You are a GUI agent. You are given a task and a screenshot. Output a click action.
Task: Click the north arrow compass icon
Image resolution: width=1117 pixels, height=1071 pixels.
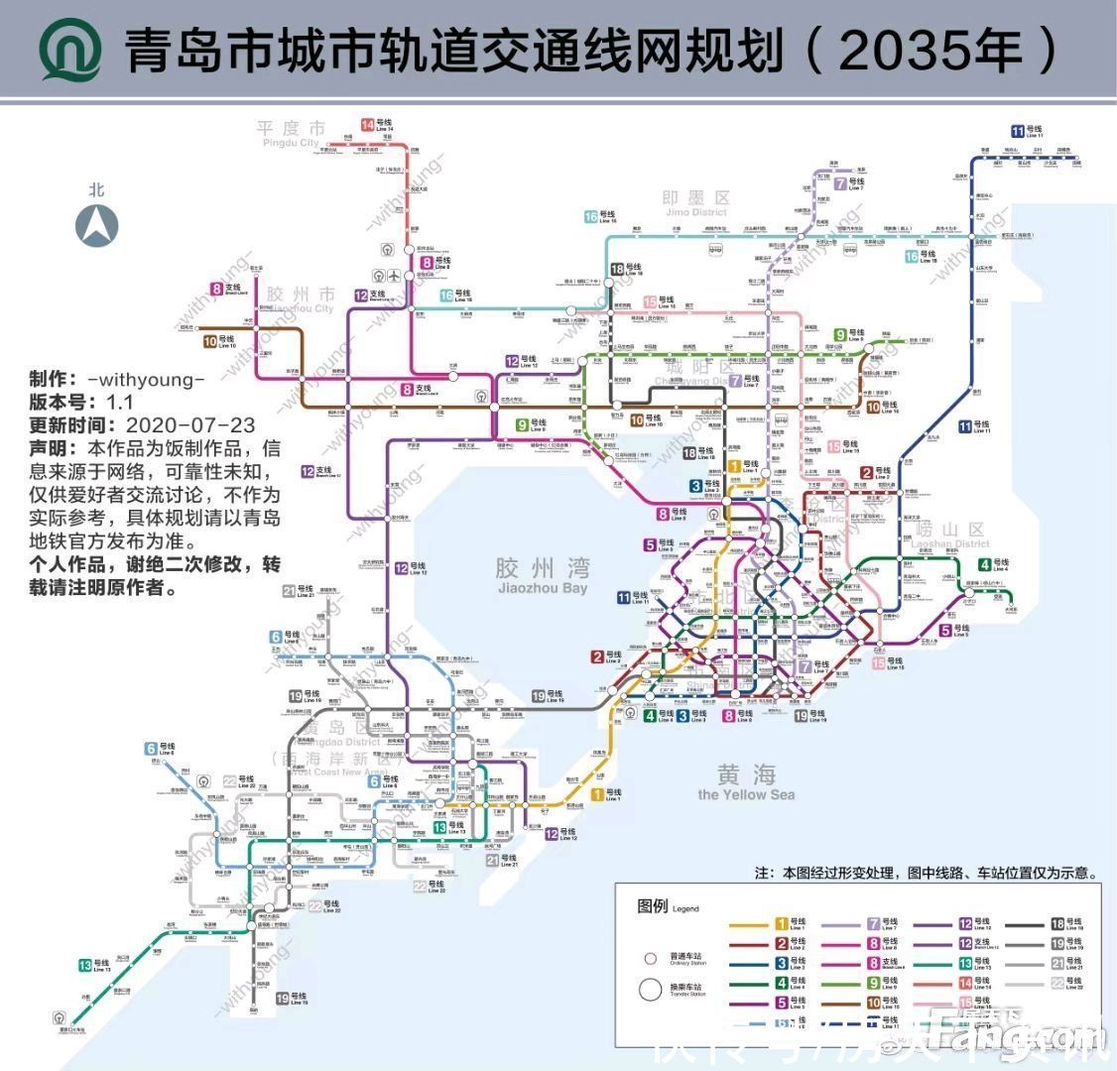(x=96, y=225)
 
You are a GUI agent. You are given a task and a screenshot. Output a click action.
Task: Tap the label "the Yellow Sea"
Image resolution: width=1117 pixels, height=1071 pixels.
(x=746, y=793)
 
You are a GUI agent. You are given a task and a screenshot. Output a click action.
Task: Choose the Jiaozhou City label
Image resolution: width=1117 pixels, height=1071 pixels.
(x=300, y=300)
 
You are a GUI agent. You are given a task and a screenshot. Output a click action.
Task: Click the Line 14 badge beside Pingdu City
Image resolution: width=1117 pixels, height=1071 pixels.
(x=367, y=125)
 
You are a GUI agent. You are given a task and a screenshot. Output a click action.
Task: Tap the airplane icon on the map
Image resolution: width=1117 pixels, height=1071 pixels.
(x=395, y=275)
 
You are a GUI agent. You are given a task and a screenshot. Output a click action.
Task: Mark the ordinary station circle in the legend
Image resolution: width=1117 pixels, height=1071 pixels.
(x=651, y=958)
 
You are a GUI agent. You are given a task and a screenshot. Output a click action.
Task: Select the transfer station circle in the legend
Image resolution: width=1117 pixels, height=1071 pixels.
(x=651, y=990)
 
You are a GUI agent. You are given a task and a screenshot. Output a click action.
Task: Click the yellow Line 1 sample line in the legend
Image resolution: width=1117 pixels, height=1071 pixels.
(x=749, y=925)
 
